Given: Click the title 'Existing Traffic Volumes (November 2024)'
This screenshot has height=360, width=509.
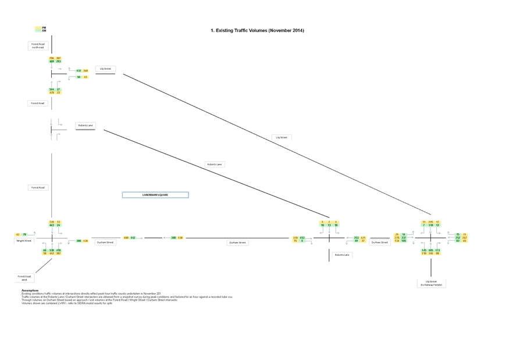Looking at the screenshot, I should (x=257, y=30).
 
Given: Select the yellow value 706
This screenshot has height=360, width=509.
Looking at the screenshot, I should (x=52, y=58).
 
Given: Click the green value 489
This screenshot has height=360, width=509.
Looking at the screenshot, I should (x=52, y=62).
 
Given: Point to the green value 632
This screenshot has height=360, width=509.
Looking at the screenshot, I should (x=79, y=71).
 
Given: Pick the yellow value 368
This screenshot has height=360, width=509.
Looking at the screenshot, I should (x=86, y=71).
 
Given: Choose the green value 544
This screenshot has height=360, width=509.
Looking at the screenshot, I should (x=52, y=90).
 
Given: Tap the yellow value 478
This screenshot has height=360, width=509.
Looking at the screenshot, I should (x=52, y=93).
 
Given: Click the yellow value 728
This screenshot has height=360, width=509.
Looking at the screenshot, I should (x=52, y=222).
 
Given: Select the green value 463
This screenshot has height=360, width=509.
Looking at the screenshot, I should (x=52, y=226).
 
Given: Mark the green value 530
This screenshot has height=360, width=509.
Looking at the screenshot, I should (x=52, y=251).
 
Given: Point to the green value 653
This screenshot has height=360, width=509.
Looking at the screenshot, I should (x=302, y=238).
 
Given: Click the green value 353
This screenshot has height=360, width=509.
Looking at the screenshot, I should (x=357, y=238).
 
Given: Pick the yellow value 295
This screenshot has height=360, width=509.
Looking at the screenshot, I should (x=430, y=222).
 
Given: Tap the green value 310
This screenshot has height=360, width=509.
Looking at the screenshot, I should (x=430, y=226).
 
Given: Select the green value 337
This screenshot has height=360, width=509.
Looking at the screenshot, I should (x=404, y=238).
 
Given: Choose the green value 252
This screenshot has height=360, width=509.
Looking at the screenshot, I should (x=458, y=238).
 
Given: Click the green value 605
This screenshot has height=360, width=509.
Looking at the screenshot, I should (x=430, y=251).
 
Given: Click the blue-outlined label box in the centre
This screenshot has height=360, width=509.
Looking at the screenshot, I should (x=155, y=195).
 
